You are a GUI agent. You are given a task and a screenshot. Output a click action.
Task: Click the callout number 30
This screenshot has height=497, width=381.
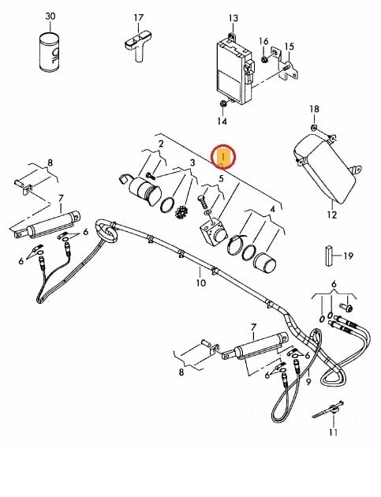[50, 16]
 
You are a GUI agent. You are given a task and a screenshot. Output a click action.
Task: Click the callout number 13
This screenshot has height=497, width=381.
[233, 18]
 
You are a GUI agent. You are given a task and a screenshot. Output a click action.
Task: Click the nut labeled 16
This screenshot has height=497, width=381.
[264, 59]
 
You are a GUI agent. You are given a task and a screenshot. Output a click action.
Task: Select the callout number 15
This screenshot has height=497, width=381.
[289, 47]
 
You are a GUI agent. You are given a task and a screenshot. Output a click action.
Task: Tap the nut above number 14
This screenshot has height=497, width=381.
[223, 103]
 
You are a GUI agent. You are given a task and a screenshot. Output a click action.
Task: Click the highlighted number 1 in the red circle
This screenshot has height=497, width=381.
[223, 157]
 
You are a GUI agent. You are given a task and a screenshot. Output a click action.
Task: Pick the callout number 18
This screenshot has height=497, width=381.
[314, 109]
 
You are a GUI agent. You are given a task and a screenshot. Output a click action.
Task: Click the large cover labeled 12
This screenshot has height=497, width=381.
[324, 168]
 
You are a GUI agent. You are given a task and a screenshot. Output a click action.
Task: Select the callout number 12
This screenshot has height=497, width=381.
[331, 215]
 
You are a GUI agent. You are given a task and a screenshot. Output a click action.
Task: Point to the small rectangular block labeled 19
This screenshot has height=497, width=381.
[328, 256]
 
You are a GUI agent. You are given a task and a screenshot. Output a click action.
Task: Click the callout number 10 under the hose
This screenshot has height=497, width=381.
[201, 282]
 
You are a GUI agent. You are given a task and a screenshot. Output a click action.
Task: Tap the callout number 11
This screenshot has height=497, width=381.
[333, 432]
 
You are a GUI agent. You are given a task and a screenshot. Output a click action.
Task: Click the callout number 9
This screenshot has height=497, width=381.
[308, 382]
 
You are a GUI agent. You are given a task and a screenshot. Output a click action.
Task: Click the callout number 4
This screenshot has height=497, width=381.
[272, 210]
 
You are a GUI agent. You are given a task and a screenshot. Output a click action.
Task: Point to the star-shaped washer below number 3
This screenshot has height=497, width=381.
[181, 212]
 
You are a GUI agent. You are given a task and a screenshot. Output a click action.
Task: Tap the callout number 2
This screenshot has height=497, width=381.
[161, 144]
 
